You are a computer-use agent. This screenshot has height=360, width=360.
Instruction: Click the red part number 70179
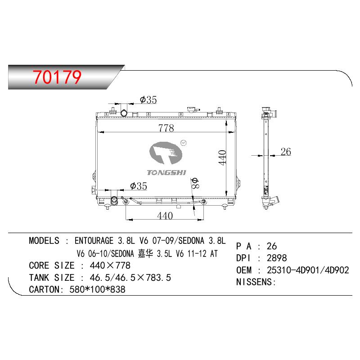point(57,77)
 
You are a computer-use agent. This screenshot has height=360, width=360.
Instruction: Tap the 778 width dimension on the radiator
point(166,128)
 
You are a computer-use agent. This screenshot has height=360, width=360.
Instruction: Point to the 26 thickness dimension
point(286,152)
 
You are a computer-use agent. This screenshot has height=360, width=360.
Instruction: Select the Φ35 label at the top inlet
point(148,99)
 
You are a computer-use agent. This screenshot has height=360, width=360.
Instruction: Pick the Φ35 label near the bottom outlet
point(139,186)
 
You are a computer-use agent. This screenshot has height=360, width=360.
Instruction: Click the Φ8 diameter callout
point(195,183)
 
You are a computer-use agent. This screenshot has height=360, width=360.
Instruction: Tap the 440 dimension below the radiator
point(165,216)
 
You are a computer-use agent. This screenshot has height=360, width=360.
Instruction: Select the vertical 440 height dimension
point(222,157)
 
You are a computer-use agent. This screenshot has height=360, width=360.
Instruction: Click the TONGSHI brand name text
point(166,173)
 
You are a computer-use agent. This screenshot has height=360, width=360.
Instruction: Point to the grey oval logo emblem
point(166,153)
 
